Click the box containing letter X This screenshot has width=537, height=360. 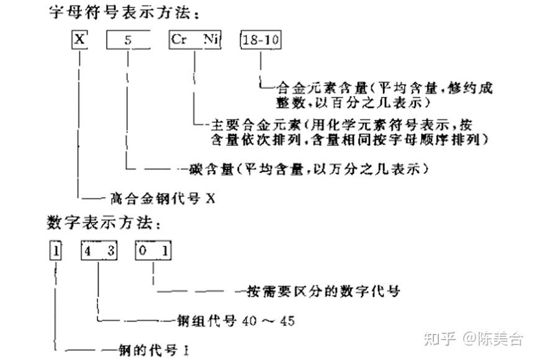[x=79, y=40]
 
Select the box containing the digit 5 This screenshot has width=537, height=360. [x=127, y=41]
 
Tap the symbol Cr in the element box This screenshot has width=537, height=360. [x=179, y=40]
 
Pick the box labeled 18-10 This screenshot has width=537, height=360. [x=261, y=41]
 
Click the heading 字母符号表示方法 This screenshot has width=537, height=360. [x=105, y=12]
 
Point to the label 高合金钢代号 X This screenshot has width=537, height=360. [x=162, y=199]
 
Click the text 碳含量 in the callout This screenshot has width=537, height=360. [x=205, y=169]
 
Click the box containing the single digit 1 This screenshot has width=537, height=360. [x=56, y=251]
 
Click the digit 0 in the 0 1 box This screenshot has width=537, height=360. [x=143, y=251]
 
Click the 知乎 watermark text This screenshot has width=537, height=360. [x=439, y=338]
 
